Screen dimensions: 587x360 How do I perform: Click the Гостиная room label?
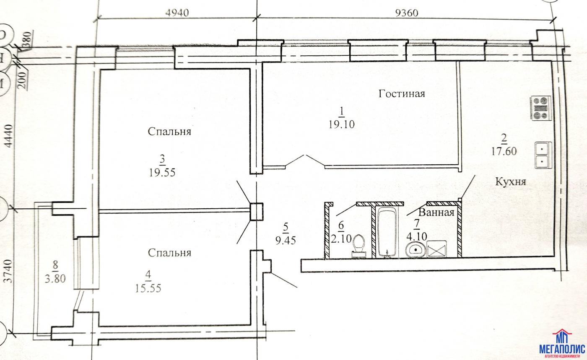402,93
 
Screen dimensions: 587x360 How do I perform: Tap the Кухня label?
511,181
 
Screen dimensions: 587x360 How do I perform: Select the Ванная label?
436,212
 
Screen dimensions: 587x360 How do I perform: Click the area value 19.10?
342,124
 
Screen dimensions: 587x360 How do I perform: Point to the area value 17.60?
504,151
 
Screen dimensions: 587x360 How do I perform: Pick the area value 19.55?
162,172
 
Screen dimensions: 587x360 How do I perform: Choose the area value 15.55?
148,288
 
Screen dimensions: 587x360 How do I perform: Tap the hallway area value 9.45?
286,240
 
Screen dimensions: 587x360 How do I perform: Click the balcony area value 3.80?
55,279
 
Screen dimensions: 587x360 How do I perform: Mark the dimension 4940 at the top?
177,13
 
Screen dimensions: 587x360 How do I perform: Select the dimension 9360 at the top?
407,13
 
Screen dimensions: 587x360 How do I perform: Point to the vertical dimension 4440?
9,136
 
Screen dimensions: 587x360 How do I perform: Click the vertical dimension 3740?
9,272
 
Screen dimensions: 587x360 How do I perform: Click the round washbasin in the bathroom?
416,250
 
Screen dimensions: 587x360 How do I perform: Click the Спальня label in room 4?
169,253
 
